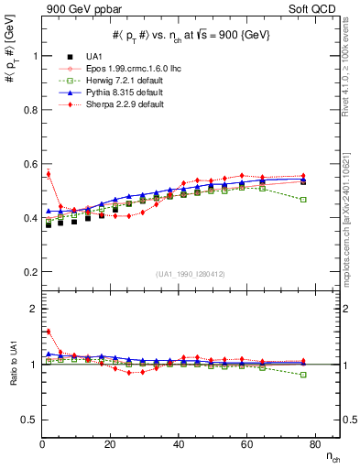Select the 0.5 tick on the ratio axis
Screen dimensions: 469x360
25,420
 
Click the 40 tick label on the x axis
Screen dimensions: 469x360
179,443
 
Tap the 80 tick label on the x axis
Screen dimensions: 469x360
314,443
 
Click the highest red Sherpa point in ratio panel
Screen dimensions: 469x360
47,332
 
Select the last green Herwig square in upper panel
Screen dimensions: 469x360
303,199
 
